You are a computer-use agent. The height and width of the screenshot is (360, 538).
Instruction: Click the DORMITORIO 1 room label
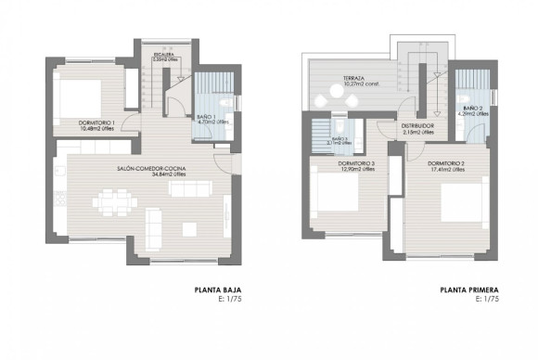(x=96, y=122)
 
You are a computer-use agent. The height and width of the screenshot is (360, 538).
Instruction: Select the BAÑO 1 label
(x=207, y=117)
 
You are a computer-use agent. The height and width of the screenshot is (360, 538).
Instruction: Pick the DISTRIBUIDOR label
(x=418, y=126)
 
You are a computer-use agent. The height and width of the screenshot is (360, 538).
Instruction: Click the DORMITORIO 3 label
(x=356, y=164)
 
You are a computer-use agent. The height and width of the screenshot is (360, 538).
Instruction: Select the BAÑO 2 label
(x=472, y=109)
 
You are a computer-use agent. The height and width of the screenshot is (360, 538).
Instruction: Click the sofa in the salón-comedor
(x=154, y=222)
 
